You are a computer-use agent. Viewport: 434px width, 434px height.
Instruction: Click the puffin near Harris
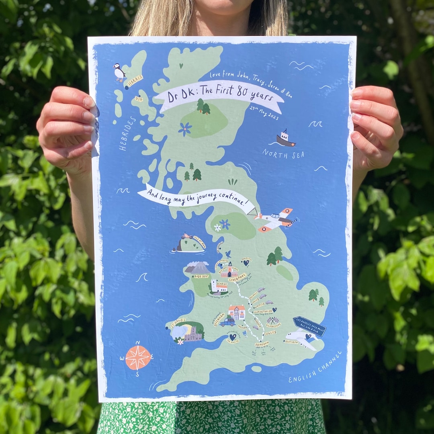pos(119,73)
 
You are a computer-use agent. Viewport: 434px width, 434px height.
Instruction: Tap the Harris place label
pos(135,81)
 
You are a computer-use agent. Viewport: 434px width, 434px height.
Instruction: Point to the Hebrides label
pos(127,133)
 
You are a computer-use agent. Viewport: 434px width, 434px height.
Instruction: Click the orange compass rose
pos(138,357)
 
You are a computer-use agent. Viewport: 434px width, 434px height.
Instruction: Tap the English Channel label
pos(315,367)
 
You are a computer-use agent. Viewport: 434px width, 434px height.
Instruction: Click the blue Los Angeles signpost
pos(309,326)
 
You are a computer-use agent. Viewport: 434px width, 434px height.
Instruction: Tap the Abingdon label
pos(262,344)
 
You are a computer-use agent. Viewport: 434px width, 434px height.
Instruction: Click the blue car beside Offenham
pos(227,322)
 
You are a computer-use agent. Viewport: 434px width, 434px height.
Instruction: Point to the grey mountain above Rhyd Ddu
pos(198,267)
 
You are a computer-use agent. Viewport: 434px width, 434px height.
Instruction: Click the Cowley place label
pos(270,333)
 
